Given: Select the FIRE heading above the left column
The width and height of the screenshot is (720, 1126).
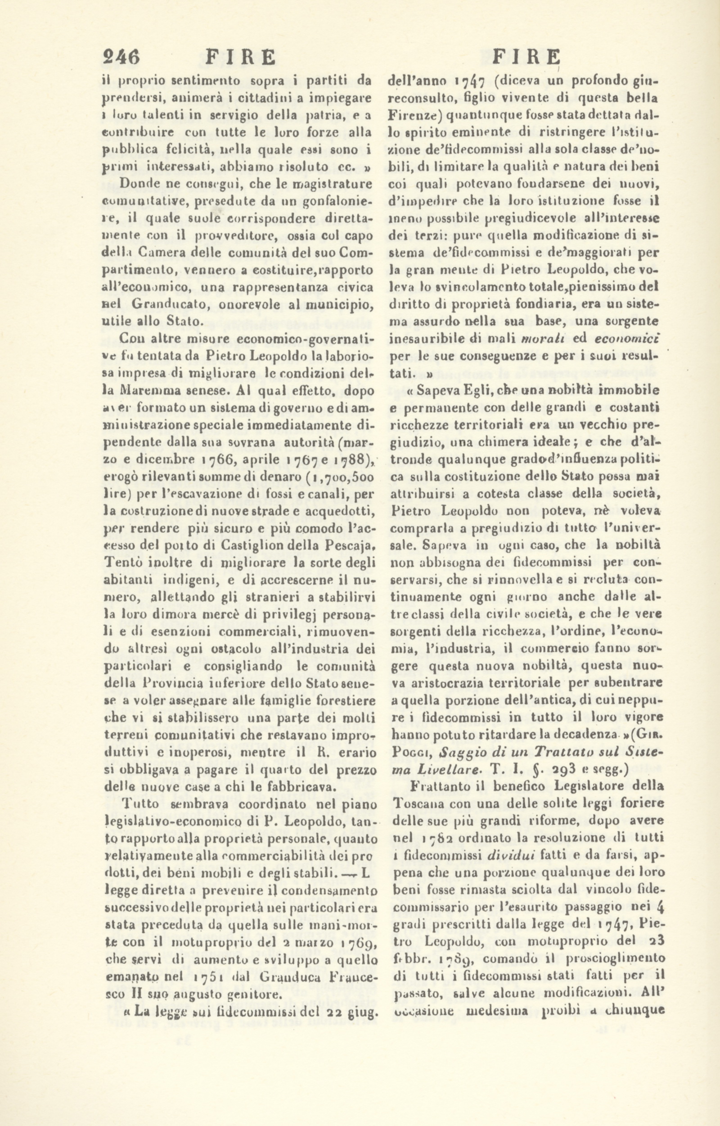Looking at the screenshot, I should (241, 57).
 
